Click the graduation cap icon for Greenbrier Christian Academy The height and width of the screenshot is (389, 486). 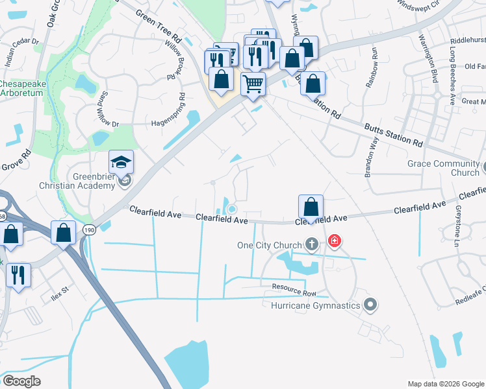(x=121, y=162)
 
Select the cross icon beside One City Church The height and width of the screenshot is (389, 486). (x=312, y=244)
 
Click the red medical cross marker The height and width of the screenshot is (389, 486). (x=334, y=242)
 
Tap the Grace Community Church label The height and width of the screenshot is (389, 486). (x=443, y=168)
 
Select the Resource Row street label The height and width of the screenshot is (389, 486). (x=284, y=285)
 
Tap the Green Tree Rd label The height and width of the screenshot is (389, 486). (x=159, y=21)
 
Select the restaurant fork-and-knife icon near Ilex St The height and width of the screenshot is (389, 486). (x=18, y=275)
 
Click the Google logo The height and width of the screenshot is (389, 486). (x=21, y=381)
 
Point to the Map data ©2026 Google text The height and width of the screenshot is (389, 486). (x=445, y=384)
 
